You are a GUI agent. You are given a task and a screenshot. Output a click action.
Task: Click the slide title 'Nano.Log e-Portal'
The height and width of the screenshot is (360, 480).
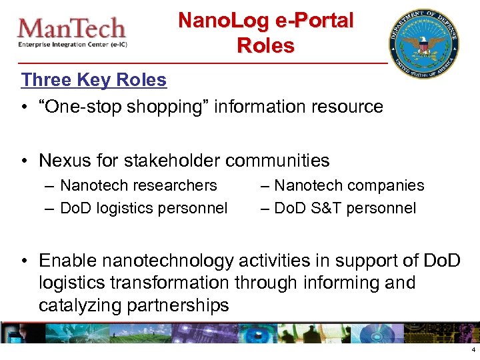[265, 21]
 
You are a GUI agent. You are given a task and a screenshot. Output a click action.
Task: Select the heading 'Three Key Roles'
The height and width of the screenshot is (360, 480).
[94, 80]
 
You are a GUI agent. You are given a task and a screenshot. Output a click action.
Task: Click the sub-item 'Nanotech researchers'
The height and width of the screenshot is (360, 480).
[139, 185]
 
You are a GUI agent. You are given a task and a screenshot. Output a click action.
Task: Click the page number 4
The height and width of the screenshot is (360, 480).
[473, 350]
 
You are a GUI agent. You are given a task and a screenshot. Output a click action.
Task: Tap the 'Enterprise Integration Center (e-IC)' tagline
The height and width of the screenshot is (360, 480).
[73, 45]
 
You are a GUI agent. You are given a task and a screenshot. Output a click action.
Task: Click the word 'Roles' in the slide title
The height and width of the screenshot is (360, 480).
[265, 46]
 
